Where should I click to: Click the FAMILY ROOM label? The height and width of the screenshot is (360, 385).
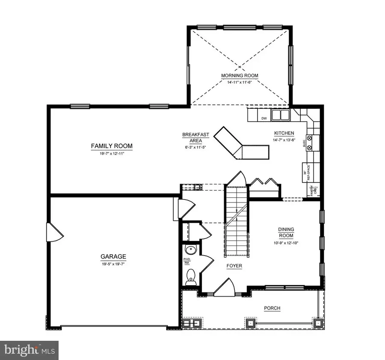(x=112, y=146)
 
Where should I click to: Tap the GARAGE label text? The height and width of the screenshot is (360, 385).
(x=113, y=257)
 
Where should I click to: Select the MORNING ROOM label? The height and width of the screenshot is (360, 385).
(x=240, y=76)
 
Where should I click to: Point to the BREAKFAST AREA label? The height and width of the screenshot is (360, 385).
(x=195, y=137)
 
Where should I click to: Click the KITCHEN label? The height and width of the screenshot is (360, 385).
(x=283, y=133)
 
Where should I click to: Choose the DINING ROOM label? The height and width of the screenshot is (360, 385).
(x=286, y=232)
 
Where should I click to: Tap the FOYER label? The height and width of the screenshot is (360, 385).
(x=234, y=266)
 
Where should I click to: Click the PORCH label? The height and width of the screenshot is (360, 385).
(x=272, y=308)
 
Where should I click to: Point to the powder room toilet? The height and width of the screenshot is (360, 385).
(x=191, y=277)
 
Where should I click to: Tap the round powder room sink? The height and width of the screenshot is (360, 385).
(x=190, y=250)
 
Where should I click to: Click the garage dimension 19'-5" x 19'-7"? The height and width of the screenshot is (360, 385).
(x=113, y=264)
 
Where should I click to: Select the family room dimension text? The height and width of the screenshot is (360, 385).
(x=112, y=153)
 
